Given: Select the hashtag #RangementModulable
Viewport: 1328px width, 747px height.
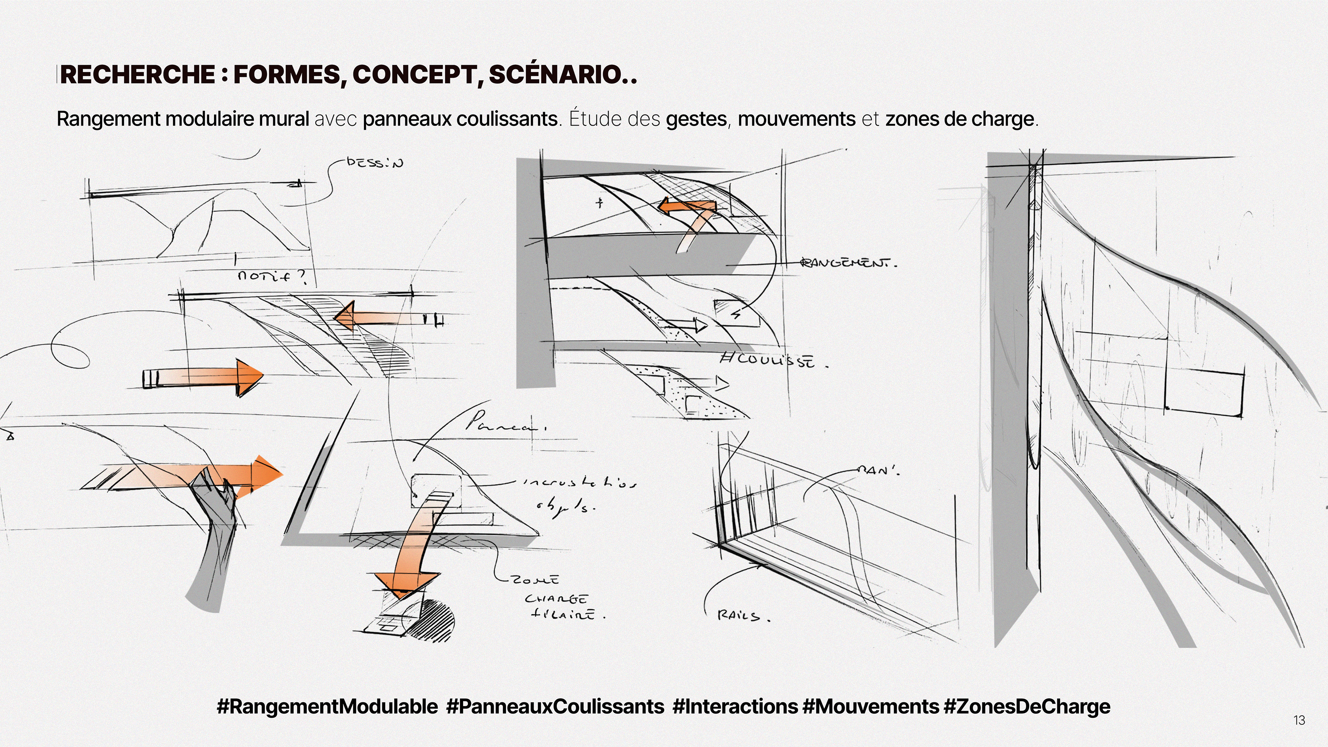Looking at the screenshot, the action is tap(328, 706).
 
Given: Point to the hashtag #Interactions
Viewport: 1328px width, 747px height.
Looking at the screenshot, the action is tap(735, 706).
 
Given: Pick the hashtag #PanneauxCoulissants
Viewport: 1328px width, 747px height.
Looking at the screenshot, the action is tap(555, 706).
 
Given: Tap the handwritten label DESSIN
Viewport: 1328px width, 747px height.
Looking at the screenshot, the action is tap(375, 163).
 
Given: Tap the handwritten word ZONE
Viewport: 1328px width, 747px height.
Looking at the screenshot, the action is tap(535, 580).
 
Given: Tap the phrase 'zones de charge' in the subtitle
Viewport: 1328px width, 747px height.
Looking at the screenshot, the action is tap(959, 119).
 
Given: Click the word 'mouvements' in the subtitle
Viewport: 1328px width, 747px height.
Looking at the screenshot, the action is tap(796, 119).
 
